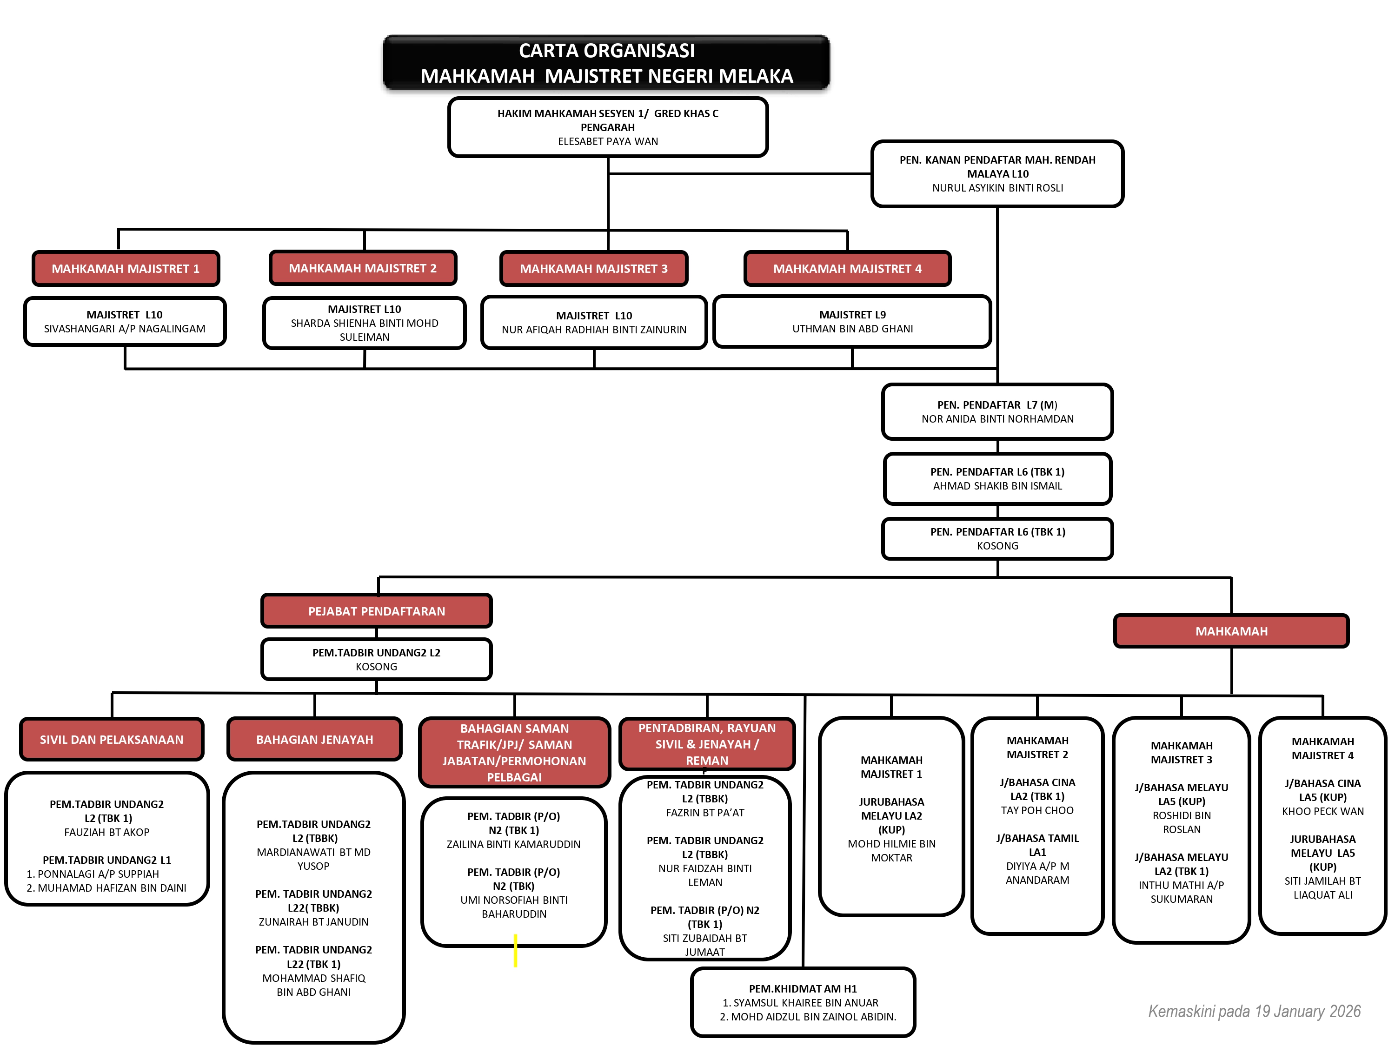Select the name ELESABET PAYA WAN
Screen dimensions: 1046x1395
click(607, 141)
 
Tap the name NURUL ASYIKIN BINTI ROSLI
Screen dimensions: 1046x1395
click(997, 188)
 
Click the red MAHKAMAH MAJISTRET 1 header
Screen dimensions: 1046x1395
click(126, 269)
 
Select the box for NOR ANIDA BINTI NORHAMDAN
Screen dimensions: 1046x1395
click(997, 412)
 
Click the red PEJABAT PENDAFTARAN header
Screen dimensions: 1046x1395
click(377, 611)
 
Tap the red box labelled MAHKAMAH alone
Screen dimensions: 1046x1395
click(1231, 631)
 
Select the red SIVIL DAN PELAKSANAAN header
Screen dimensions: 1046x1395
click(112, 740)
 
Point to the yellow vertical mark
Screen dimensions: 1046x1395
click(515, 950)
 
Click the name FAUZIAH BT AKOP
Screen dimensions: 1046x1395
click(106, 832)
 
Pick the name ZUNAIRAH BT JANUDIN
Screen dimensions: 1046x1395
click(313, 922)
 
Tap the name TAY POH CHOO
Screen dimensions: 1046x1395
click(1037, 810)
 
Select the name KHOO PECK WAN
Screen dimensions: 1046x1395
click(1322, 811)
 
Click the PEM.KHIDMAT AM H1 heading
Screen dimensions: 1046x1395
click(802, 989)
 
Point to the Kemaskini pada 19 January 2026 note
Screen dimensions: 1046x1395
click(1254, 1011)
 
